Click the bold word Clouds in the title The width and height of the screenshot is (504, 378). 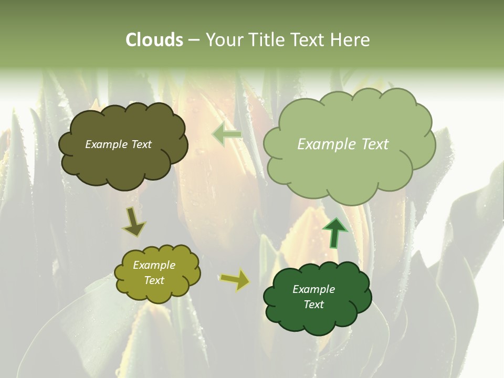(154, 40)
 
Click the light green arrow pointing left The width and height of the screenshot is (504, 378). (227, 135)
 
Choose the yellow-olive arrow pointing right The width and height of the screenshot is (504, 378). (235, 280)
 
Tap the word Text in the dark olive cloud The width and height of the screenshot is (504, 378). (140, 144)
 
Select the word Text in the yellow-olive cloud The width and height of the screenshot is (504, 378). (154, 280)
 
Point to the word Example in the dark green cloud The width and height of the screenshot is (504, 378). (313, 289)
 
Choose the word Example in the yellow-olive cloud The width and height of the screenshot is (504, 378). (154, 266)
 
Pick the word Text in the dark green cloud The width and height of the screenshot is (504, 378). (313, 304)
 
